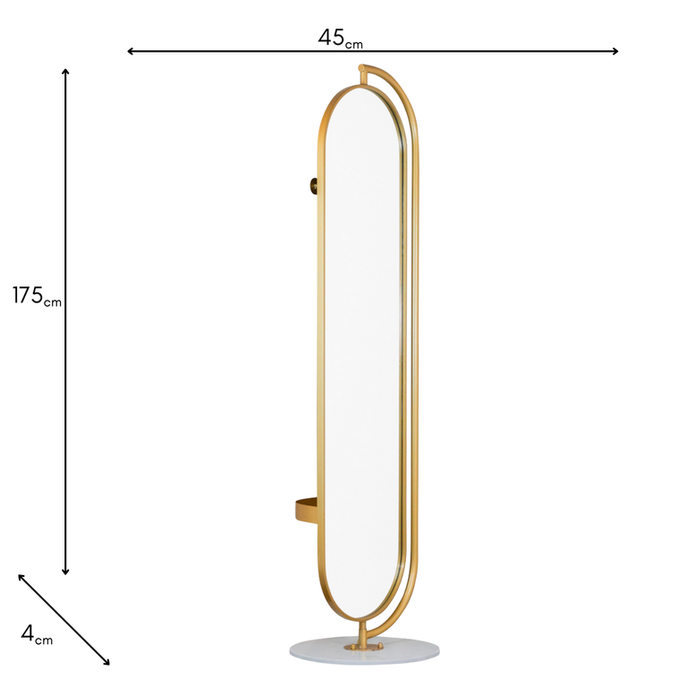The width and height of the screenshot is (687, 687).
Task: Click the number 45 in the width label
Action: coord(332,38)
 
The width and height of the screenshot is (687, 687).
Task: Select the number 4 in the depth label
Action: coord(27,633)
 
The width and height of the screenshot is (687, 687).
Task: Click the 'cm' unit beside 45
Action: coord(355,42)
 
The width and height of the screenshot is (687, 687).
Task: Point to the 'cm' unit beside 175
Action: coord(53,302)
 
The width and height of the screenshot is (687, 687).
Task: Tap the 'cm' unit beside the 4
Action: coord(44,639)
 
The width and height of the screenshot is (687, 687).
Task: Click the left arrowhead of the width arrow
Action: coord(131,51)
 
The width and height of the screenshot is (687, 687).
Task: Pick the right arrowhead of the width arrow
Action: coord(615,51)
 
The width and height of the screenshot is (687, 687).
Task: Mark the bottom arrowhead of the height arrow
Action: coord(65,571)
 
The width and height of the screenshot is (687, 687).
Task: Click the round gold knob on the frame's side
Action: coord(314,186)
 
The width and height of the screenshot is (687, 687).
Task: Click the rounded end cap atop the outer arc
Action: coord(362,67)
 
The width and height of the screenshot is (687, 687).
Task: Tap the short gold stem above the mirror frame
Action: coord(363,79)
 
